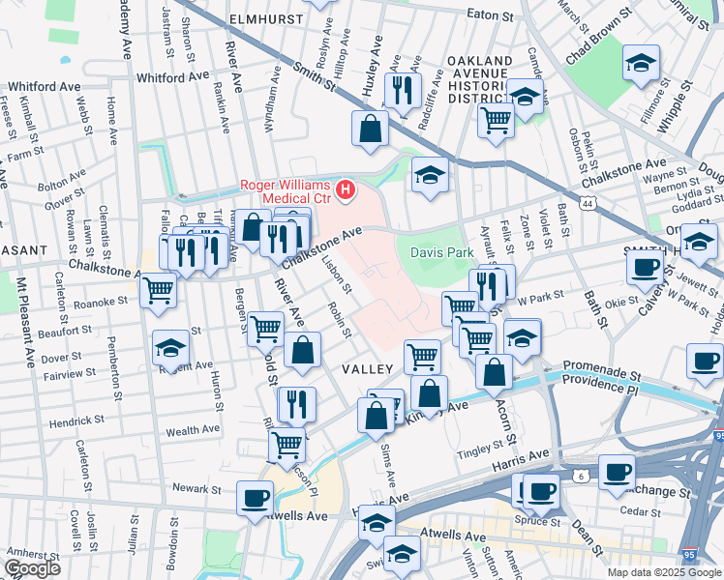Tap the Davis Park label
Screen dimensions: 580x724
[440, 251]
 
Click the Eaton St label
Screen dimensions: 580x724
[489, 15]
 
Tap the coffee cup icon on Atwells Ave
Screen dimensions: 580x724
[255, 497]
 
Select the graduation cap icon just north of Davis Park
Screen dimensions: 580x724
[430, 175]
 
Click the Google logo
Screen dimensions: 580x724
[31, 568]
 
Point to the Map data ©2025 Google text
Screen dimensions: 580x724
[664, 572]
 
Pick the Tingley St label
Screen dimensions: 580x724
[481, 447]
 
